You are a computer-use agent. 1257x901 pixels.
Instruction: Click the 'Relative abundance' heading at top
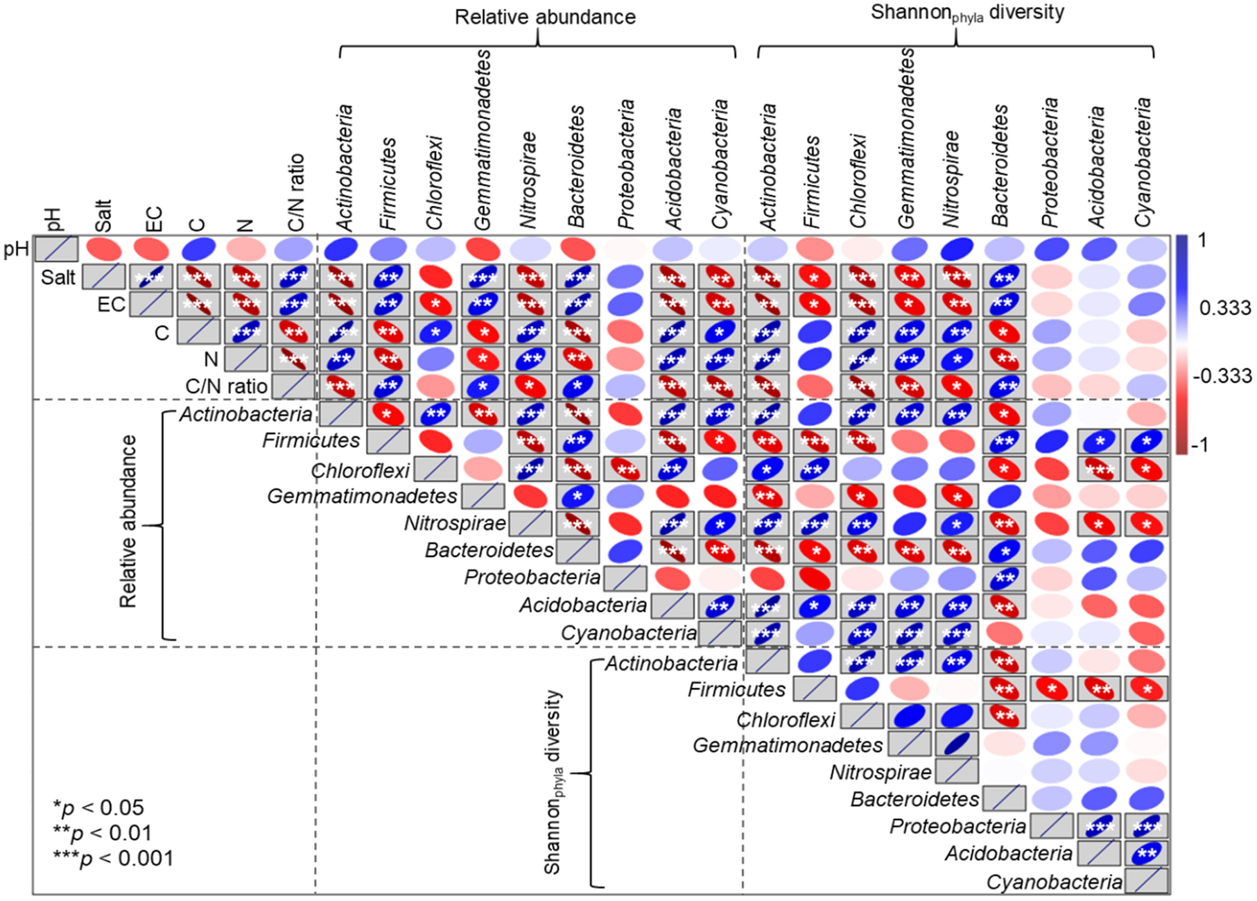pyautogui.click(x=545, y=17)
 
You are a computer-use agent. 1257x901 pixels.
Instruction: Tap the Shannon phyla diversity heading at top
pyautogui.click(x=966, y=13)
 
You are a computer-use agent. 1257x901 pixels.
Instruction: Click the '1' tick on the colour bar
pyautogui.click(x=1202, y=241)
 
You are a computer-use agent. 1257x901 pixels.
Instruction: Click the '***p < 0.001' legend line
pyautogui.click(x=113, y=859)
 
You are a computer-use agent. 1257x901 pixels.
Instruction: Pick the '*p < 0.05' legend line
pyautogui.click(x=98, y=807)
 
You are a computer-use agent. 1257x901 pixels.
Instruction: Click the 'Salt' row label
pyautogui.click(x=58, y=277)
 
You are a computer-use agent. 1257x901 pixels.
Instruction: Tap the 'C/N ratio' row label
pyautogui.click(x=226, y=386)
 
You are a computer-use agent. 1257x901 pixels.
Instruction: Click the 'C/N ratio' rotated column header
pyautogui.click(x=296, y=192)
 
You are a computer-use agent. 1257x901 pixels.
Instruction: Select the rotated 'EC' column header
pyautogui.click(x=153, y=218)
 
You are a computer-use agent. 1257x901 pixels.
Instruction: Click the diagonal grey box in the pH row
pyautogui.click(x=56, y=248)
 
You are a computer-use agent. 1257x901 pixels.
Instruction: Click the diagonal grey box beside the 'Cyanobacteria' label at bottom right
pyautogui.click(x=1147, y=881)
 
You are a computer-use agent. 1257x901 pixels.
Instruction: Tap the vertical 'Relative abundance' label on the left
pyautogui.click(x=128, y=522)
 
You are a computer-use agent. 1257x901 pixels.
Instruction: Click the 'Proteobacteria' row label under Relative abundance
pyautogui.click(x=532, y=577)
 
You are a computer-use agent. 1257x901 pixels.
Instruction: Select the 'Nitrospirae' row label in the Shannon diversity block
pyautogui.click(x=881, y=772)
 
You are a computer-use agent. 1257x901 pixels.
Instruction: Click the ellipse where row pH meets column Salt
pyautogui.click(x=103, y=248)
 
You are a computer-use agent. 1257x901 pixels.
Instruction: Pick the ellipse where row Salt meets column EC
pyautogui.click(x=150, y=277)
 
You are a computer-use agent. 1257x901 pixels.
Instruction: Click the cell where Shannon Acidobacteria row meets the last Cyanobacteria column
pyautogui.click(x=1147, y=853)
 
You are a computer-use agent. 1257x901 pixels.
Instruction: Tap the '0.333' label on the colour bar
pyautogui.click(x=1225, y=307)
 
